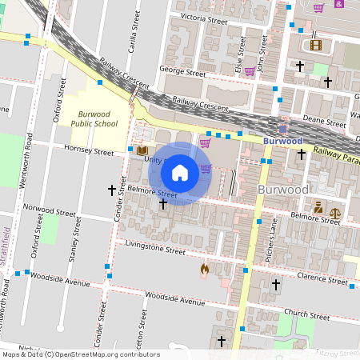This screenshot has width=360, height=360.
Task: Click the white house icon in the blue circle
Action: [179, 172]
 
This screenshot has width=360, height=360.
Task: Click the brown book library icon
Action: [142, 150]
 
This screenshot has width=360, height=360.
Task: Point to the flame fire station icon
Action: [204, 270]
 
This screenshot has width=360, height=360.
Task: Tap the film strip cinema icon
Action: [315, 46]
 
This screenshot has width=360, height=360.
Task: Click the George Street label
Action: [183, 70]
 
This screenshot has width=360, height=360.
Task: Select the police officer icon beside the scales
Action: [318, 208]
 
